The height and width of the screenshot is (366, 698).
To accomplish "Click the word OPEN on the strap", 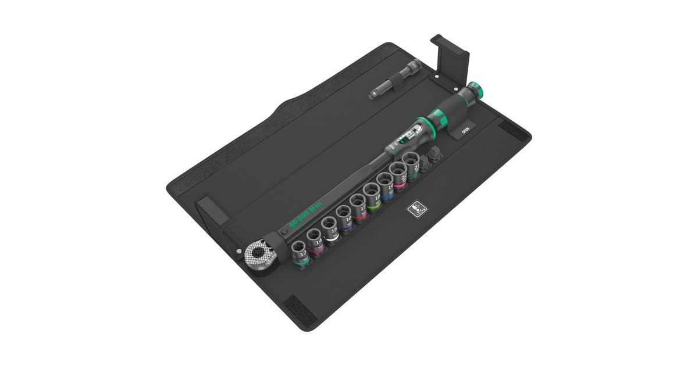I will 465,131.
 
